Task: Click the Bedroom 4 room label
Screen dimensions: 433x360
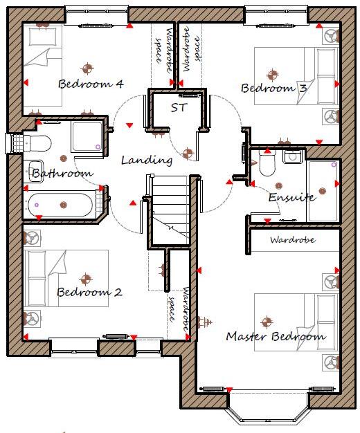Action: pos(91,84)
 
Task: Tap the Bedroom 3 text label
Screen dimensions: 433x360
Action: pos(273,88)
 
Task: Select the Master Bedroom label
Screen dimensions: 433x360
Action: pos(276,337)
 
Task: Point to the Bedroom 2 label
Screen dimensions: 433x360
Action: pos(89,292)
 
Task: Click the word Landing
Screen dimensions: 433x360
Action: pos(146,160)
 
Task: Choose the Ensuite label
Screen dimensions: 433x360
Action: pos(291,197)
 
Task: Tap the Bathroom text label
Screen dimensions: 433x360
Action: pos(62,173)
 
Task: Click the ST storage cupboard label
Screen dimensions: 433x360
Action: pos(179,107)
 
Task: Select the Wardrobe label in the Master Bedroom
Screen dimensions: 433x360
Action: pos(292,240)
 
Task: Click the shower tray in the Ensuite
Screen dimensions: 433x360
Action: pos(323,191)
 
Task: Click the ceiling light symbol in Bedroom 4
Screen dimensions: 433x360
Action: pos(87,68)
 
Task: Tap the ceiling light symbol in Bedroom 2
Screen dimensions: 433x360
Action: pos(86,279)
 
